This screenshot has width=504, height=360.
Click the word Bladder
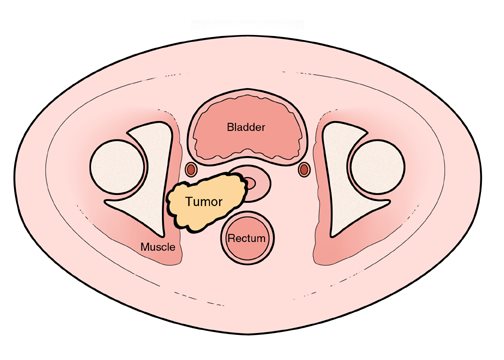click(x=246, y=127)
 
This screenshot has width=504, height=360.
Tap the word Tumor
click(x=204, y=202)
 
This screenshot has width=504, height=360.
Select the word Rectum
click(x=247, y=238)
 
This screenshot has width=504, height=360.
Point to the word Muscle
click(x=158, y=247)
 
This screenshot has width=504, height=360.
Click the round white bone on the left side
click(x=117, y=167)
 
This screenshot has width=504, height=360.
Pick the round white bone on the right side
click(x=378, y=167)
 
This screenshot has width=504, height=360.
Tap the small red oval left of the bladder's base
click(x=191, y=170)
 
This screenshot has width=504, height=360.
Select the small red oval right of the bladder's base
click(x=304, y=170)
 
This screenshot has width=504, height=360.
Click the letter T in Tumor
click(x=189, y=202)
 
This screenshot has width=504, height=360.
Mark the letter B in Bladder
click(x=230, y=127)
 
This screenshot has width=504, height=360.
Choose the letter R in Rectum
click(x=231, y=238)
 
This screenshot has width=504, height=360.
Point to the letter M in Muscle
click(x=145, y=247)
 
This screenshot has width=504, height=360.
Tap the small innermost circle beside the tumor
click(x=250, y=183)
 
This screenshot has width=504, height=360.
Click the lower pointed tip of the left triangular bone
click(x=163, y=236)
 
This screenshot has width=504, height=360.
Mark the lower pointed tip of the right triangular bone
click(x=332, y=236)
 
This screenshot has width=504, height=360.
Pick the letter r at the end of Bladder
click(x=264, y=128)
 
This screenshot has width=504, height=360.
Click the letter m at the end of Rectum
click(x=262, y=240)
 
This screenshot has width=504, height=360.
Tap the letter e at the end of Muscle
click(x=172, y=248)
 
